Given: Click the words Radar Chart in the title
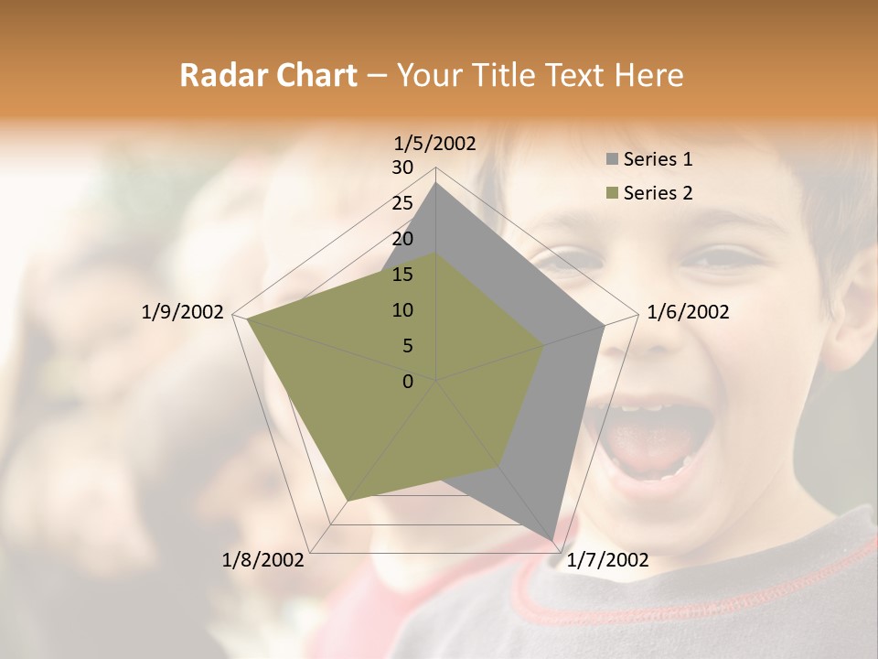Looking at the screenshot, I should point(268,76).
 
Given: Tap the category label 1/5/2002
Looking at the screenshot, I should point(434,143).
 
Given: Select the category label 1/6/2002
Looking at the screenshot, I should point(688,312).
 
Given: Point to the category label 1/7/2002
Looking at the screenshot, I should point(607,560).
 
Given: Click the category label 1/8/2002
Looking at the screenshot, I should point(263,560).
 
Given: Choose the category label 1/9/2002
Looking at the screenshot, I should point(182,312).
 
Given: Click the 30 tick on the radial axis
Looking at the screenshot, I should point(402,167).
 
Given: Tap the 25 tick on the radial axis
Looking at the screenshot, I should point(402,203).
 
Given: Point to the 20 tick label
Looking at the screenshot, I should point(402,239).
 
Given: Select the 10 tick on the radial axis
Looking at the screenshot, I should point(402,310).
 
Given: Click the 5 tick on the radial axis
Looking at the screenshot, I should point(408,346).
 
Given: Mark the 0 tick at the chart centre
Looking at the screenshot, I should point(408,382).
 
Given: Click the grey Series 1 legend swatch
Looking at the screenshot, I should point(613,159).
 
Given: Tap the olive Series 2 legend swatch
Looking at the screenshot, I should point(613,193).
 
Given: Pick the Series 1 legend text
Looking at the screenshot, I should point(658,159).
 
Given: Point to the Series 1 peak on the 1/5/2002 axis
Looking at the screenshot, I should point(436,183).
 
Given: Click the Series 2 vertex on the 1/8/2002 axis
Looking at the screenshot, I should point(347,501).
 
